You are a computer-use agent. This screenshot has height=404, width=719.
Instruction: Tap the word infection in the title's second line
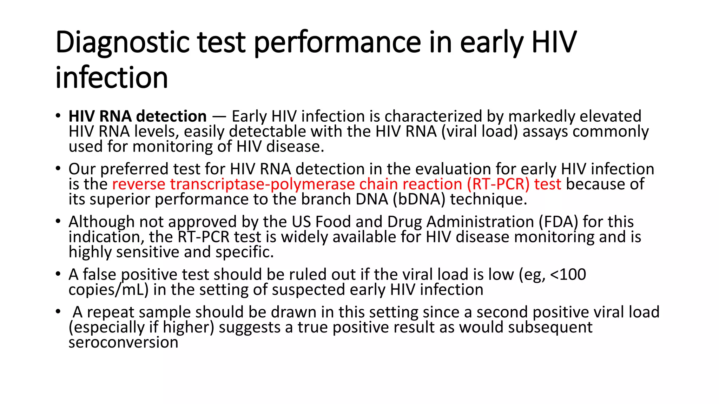coord(112,78)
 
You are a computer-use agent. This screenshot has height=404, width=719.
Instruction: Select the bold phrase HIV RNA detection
coord(138,116)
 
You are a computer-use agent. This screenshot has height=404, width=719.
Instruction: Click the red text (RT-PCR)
coord(498,184)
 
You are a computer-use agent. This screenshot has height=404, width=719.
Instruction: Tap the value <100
coord(568,275)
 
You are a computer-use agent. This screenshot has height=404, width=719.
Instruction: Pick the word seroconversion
coord(123,343)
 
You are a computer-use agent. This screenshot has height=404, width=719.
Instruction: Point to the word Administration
coord(478,222)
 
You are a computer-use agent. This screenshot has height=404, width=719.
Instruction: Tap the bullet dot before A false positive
coord(58,274)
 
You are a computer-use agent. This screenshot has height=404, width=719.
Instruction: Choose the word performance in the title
coord(337,43)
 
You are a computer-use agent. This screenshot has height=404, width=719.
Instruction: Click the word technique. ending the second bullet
coord(489,200)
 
